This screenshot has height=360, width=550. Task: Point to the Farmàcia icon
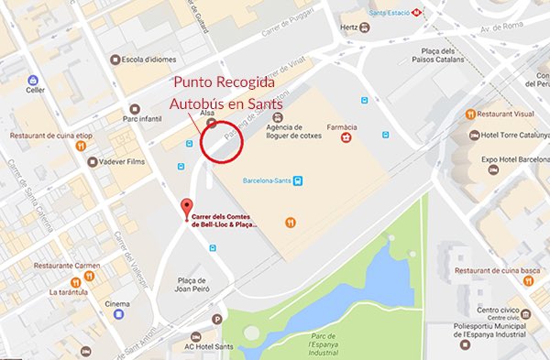(x=346, y=137)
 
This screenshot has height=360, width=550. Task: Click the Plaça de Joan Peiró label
(x=194, y=282)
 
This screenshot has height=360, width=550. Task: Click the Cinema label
(x=116, y=303)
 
